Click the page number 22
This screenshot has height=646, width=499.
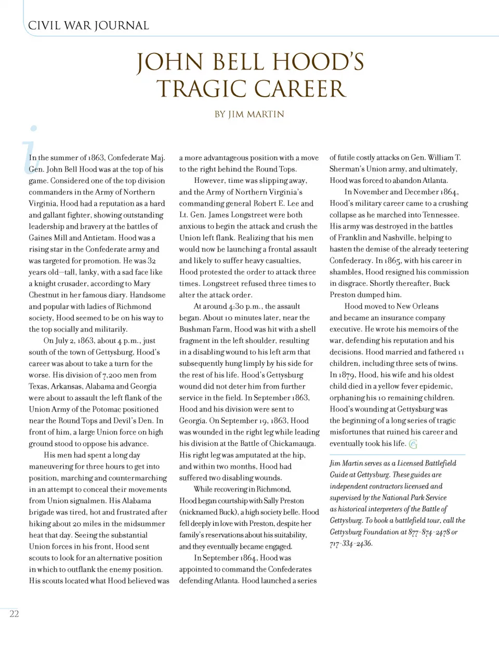click(14, 614)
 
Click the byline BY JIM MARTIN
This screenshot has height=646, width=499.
click(249, 114)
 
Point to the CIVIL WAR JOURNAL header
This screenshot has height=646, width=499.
click(88, 25)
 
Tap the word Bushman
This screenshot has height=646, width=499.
click(193, 329)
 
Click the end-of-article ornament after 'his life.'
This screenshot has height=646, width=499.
click(413, 444)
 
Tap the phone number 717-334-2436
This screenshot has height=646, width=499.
click(351, 543)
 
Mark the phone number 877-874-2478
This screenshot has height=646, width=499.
click(428, 532)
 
